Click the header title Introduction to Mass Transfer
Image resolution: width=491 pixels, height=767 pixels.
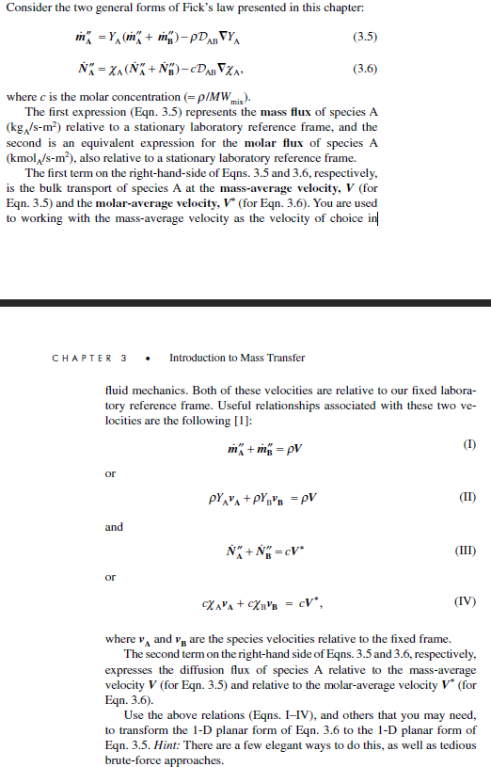pos(237,358)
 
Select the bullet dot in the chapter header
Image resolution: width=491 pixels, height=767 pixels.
pos(149,359)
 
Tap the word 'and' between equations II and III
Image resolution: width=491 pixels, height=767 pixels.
pos(114,527)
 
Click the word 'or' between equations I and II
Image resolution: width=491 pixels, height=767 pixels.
pos(110,473)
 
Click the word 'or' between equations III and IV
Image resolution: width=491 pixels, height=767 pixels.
pos(110,577)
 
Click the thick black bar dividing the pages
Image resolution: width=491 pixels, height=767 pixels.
pos(245,304)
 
